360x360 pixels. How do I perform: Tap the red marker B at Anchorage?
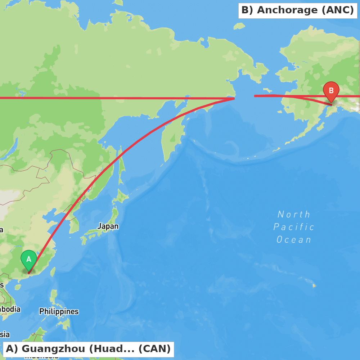coord(331,91)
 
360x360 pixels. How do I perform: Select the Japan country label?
coord(108,226)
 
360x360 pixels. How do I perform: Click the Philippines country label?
coord(59,311)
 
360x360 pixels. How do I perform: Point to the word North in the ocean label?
coord(294,215)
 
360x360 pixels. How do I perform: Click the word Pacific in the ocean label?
coord(294,227)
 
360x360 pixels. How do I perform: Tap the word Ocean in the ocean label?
coord(294,240)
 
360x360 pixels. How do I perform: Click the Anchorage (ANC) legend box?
coord(298,10)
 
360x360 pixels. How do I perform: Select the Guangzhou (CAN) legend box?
coord(88,349)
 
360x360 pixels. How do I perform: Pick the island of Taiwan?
coord(53,272)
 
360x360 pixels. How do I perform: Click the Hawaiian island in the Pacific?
coord(314,286)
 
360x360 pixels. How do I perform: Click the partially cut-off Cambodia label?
coord(10,309)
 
